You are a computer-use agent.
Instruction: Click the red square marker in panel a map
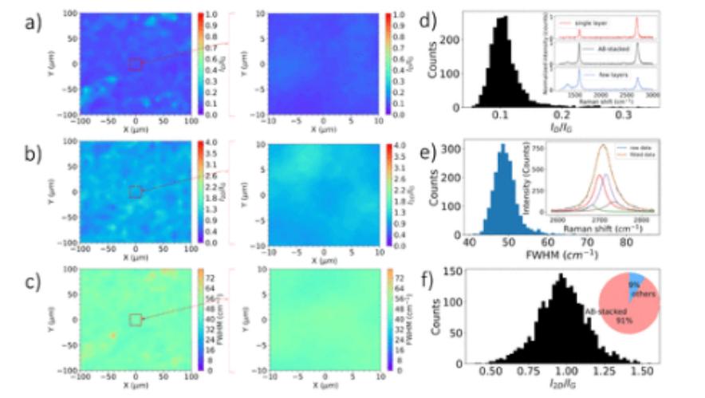point(136,64)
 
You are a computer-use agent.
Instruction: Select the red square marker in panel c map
point(136,320)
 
